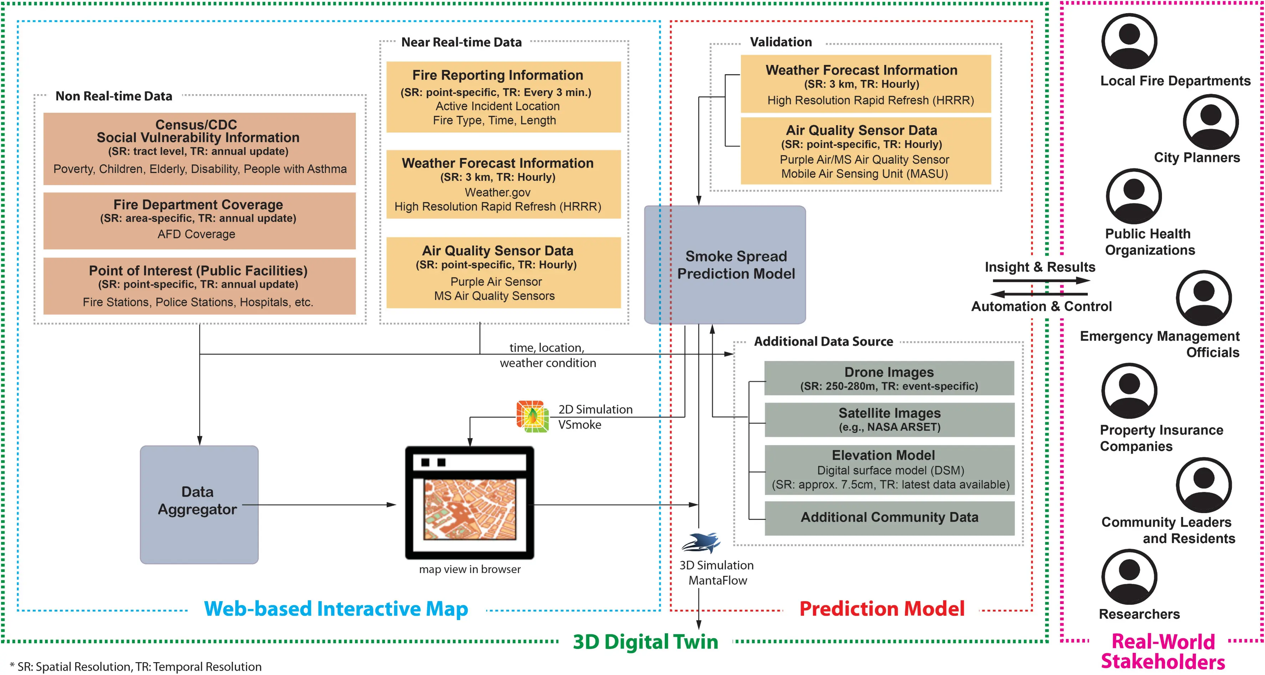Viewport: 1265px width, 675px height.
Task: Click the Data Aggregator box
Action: click(x=199, y=504)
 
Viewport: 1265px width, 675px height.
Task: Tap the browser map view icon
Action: click(x=469, y=502)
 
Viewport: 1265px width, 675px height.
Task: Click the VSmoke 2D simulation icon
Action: click(x=533, y=416)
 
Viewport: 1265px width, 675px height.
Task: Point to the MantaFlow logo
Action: click(x=701, y=542)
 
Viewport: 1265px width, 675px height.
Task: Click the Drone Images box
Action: click(x=889, y=378)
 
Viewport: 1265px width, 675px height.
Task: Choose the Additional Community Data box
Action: click(x=889, y=518)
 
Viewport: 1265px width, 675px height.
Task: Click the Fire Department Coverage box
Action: click(x=199, y=220)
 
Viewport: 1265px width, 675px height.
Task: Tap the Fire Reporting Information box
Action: click(x=503, y=97)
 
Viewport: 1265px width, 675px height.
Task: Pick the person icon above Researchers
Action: click(x=1129, y=576)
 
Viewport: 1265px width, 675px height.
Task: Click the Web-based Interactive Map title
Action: click(x=336, y=609)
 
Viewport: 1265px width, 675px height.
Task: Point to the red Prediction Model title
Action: click(x=881, y=609)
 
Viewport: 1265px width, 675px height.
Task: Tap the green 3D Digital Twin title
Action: click(x=645, y=641)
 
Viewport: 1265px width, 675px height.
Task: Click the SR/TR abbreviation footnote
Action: click(x=135, y=667)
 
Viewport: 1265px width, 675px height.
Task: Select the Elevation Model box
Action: click(x=889, y=469)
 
